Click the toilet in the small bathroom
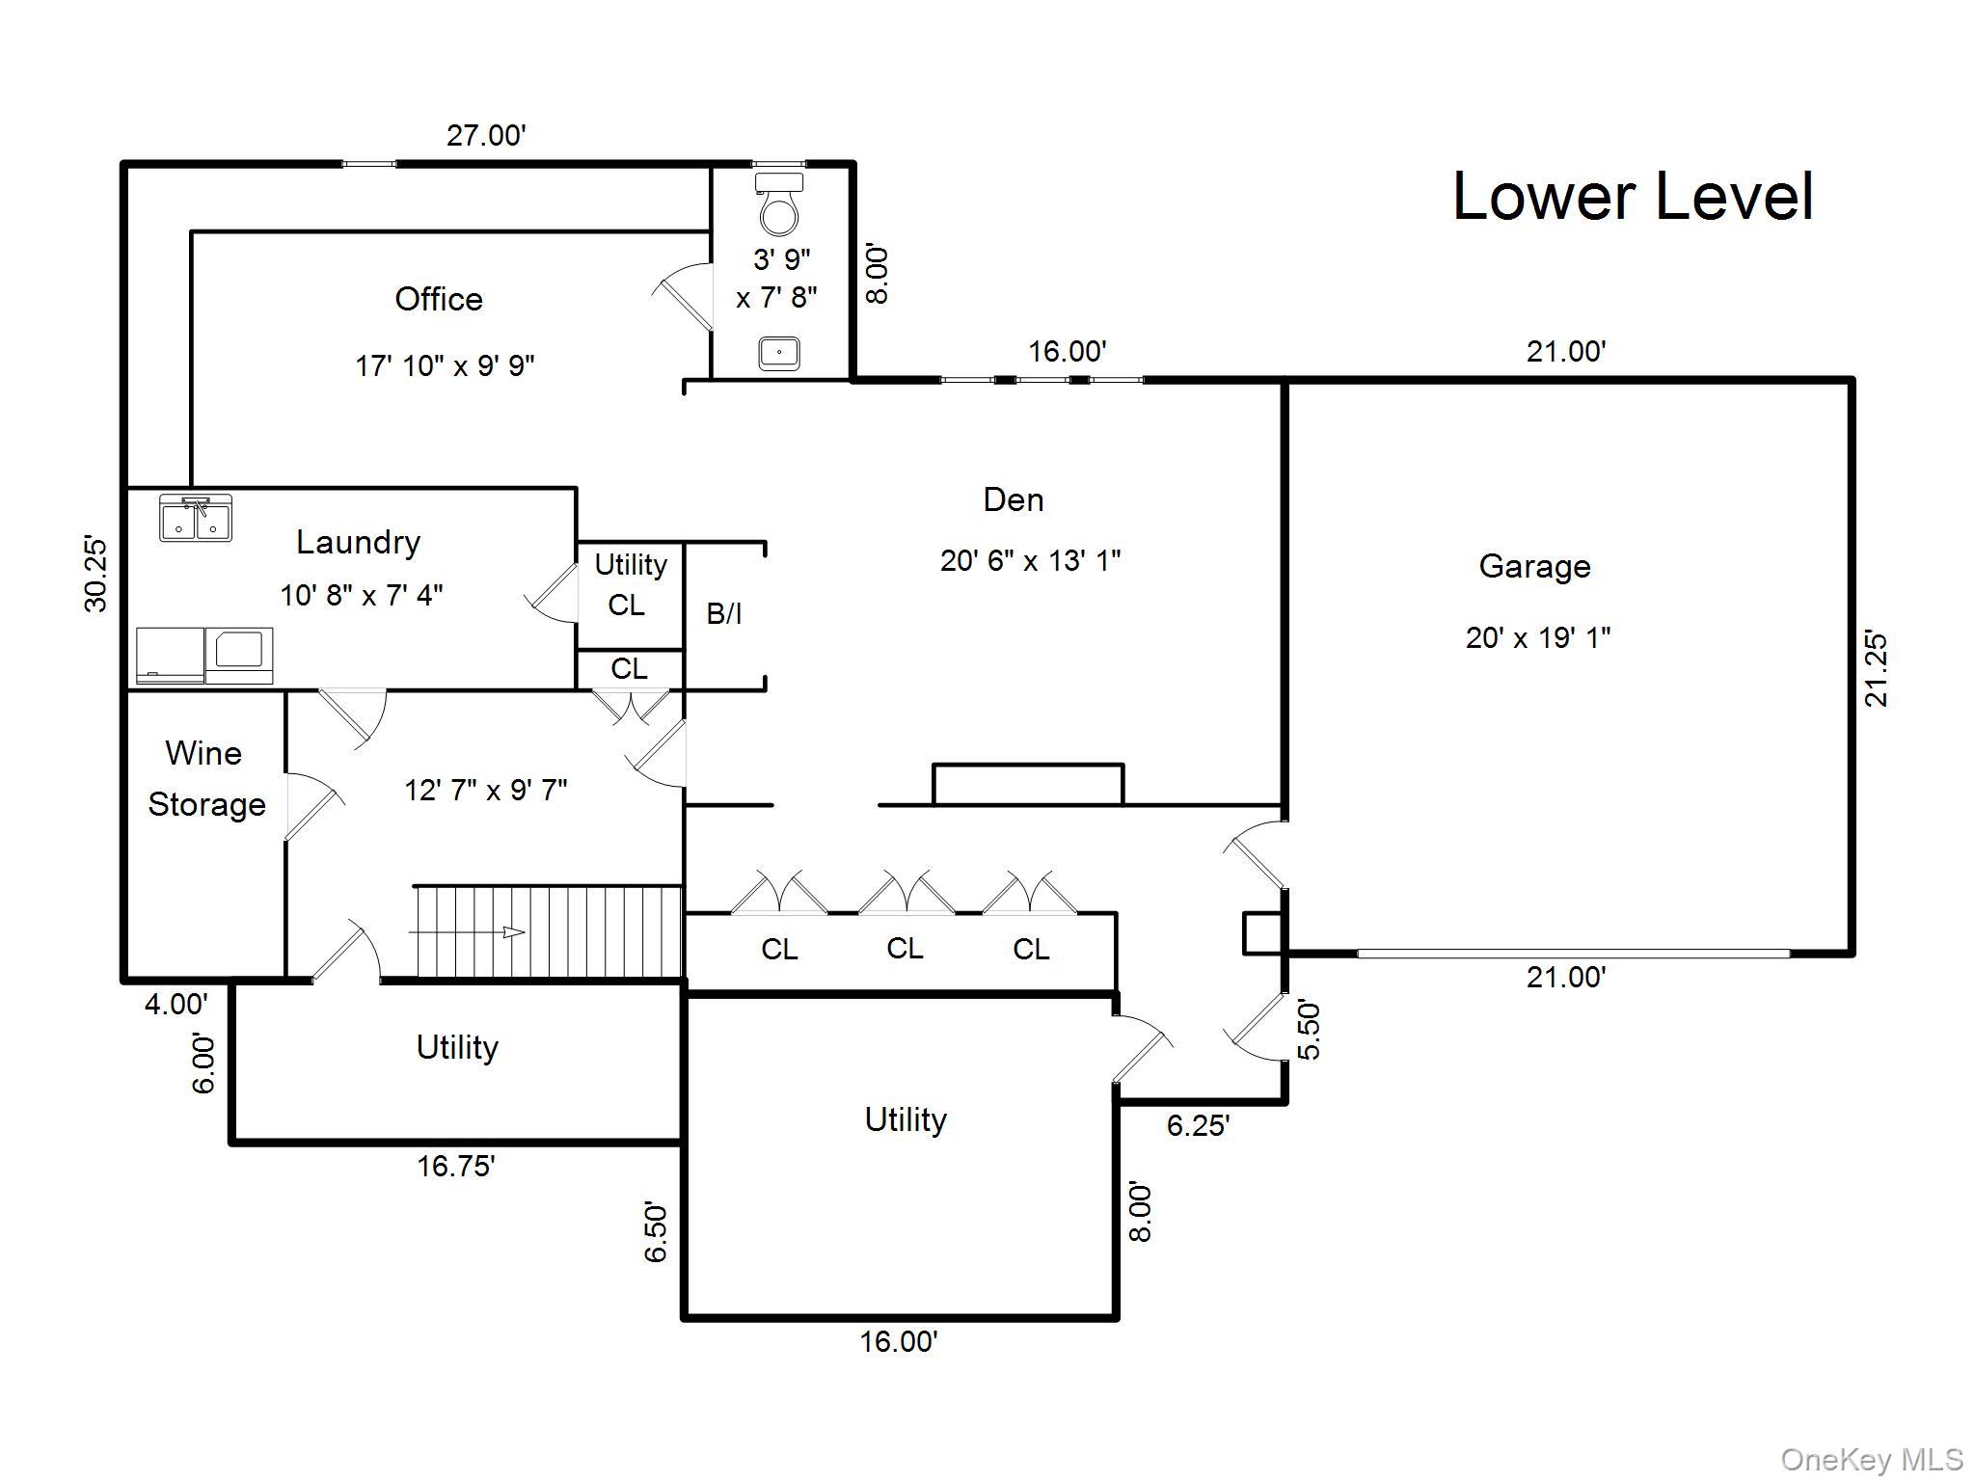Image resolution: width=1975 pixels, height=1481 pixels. [x=778, y=204]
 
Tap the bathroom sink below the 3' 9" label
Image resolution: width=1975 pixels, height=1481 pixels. [x=778, y=352]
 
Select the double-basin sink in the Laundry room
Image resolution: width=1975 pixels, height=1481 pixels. [x=196, y=518]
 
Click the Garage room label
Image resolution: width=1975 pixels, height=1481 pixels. [x=1534, y=566]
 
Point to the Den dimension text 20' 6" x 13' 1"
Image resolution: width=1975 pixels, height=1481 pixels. [x=1030, y=560]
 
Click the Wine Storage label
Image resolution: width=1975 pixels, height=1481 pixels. [x=205, y=778]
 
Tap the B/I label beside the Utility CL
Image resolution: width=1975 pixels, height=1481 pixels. [x=724, y=613]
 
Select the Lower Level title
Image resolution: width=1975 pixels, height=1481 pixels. [x=1632, y=197]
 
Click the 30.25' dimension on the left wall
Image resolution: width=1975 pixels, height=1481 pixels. [x=96, y=574]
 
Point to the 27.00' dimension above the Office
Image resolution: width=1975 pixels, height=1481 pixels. [x=486, y=135]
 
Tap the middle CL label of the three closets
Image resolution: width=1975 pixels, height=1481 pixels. [x=905, y=949]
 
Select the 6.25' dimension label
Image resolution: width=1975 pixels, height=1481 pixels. [x=1198, y=1125]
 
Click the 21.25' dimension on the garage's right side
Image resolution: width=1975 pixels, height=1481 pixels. [x=1876, y=669]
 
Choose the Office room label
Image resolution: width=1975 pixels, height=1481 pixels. [x=439, y=299]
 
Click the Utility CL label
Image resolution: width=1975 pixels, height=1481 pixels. [x=630, y=584]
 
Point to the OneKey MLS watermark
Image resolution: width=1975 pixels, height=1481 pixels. [x=1872, y=1460]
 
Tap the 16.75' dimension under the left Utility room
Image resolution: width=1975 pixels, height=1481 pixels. [x=455, y=1167]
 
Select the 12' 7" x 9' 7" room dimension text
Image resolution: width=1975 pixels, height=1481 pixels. [x=485, y=791]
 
